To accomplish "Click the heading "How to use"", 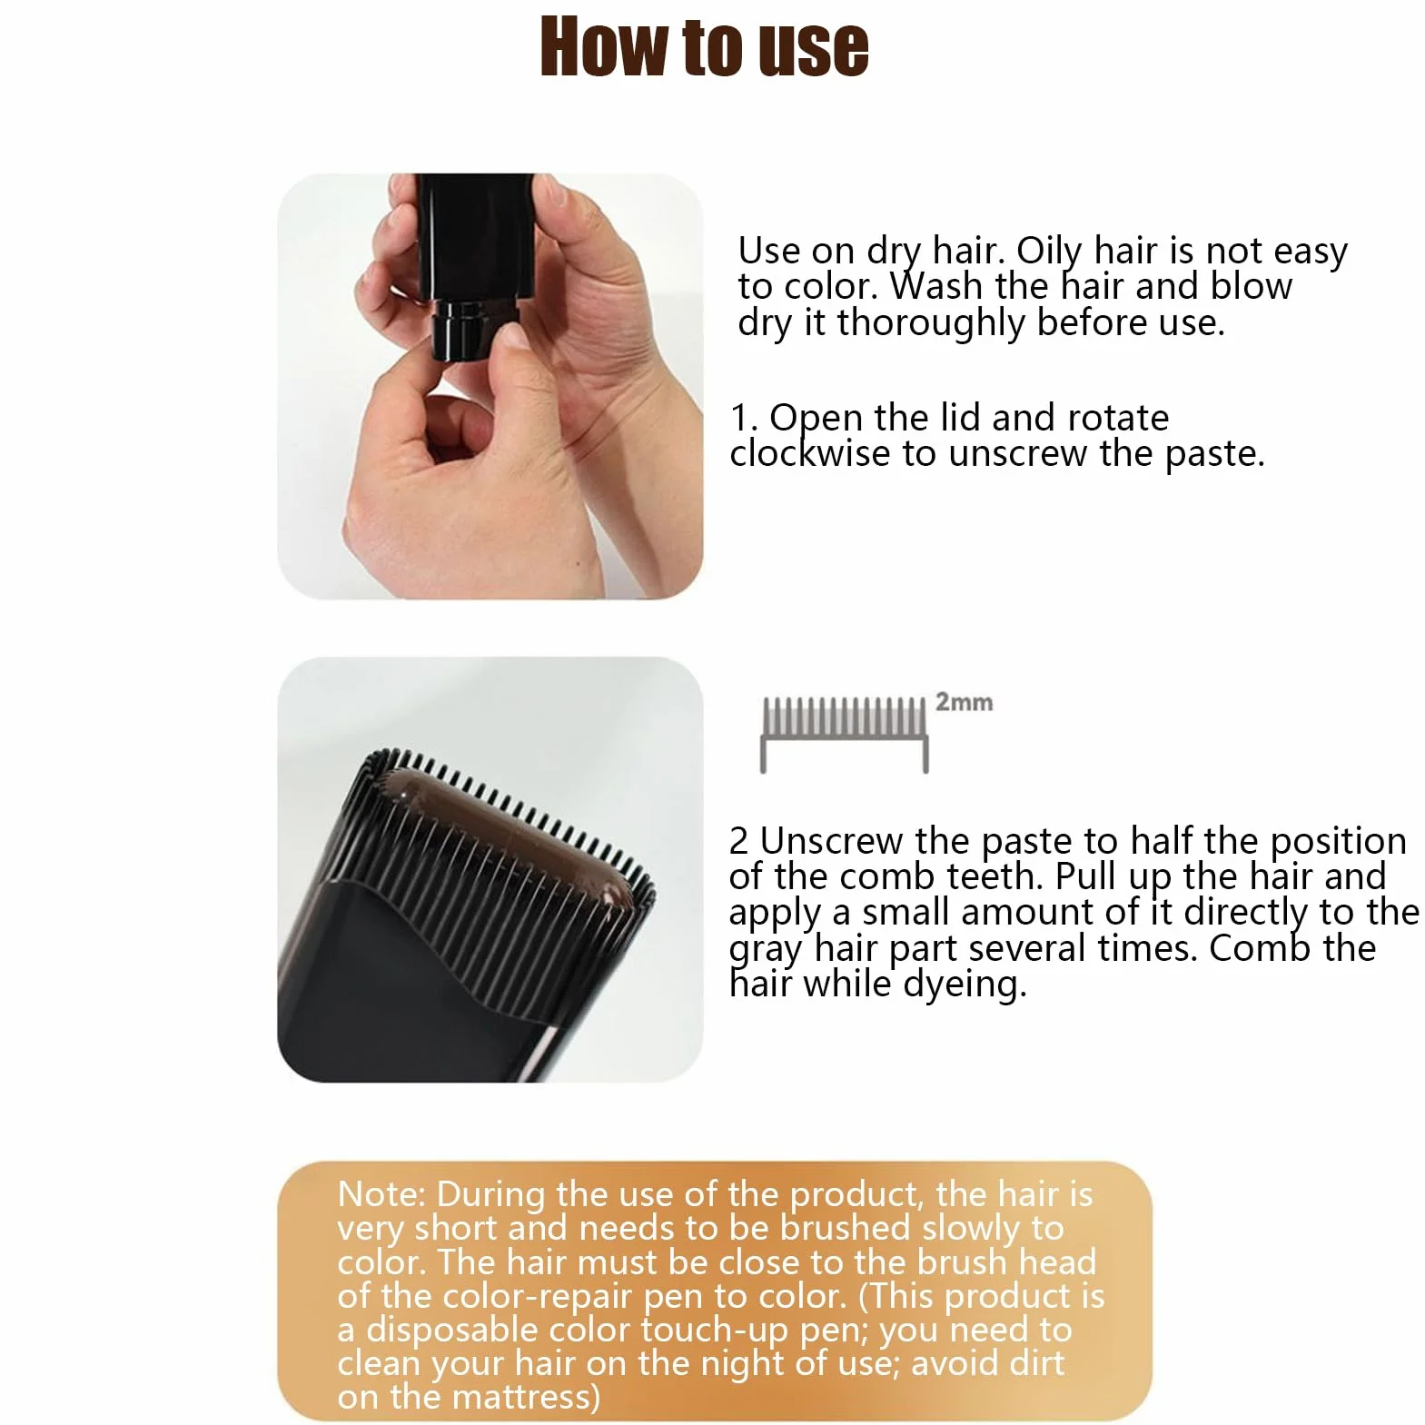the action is (x=705, y=46).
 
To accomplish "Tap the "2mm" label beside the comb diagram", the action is (x=964, y=702).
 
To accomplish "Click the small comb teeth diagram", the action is (x=844, y=734).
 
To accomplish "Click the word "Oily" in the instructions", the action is (x=1050, y=252).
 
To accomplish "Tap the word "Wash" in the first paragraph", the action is (x=936, y=286).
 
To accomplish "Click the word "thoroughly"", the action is (x=931, y=323).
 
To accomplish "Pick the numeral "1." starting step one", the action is (x=744, y=418).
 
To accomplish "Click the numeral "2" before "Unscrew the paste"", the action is (x=738, y=842).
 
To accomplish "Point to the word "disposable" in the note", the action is (x=452, y=1331).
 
